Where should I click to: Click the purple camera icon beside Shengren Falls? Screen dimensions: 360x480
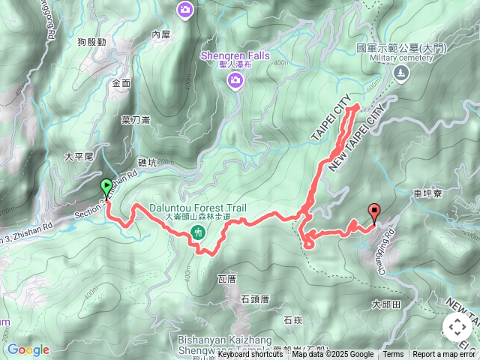coord(235,79)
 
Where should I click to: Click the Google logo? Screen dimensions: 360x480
coord(28,349)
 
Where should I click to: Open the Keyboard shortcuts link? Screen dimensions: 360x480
coord(252,355)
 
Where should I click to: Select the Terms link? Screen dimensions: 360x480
coord(393,355)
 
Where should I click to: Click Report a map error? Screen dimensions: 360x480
coord(445,355)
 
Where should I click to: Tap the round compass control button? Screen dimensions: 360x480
coord(457,327)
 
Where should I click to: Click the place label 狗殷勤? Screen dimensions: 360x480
coord(91,43)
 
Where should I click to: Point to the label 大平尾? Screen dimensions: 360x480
coord(78,157)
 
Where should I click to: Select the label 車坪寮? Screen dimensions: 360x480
coord(427,193)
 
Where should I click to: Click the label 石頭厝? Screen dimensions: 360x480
coord(255,298)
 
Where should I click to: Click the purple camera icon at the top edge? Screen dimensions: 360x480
coord(185,9)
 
